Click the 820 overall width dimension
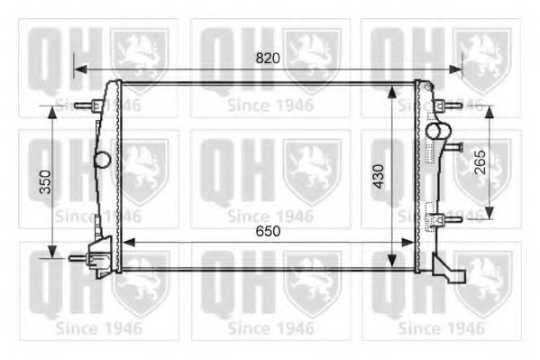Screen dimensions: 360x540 (x=268, y=58)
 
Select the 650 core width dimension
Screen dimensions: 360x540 (x=268, y=231)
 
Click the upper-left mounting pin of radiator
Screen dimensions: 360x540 (x=86, y=106)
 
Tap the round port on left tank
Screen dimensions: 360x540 (x=102, y=161)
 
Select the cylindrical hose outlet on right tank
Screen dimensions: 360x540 (x=437, y=133)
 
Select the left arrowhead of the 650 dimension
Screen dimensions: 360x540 (x=124, y=242)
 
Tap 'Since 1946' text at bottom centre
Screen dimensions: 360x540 (x=270, y=328)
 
